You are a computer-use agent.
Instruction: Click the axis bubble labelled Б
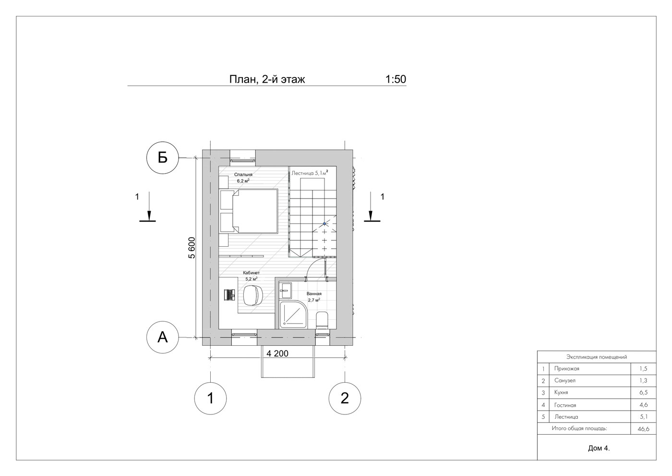162,158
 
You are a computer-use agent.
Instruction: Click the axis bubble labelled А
162,337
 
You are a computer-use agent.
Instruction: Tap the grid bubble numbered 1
210,398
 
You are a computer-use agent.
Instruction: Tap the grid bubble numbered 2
345,398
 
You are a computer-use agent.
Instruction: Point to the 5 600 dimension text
192,248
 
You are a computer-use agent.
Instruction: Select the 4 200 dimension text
277,354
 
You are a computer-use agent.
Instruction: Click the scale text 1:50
396,79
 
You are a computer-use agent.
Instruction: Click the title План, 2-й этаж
267,79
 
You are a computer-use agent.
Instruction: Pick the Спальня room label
243,175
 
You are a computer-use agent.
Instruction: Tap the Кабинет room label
251,273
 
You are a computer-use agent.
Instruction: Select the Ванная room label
314,294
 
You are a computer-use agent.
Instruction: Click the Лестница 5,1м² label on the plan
310,173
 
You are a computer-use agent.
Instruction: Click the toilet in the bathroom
322,320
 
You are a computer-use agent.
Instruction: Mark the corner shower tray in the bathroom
293,314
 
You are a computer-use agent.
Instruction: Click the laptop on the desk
230,294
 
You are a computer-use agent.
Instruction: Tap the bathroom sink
285,290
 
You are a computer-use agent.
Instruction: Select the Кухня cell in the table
561,392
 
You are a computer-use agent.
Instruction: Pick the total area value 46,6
643,429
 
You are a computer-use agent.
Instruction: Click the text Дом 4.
599,448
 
